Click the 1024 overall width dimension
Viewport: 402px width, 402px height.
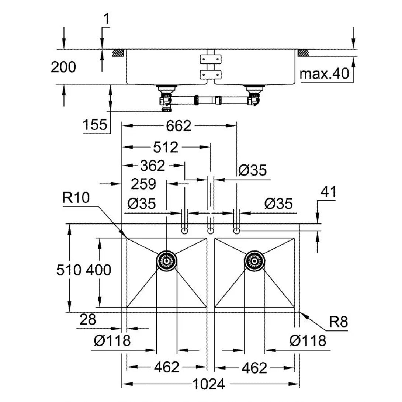pyautogui.click(x=208, y=384)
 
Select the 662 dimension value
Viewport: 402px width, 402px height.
pyautogui.click(x=179, y=126)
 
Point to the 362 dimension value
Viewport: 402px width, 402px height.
pyautogui.click(x=152, y=166)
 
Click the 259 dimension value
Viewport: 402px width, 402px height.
pyautogui.click(x=143, y=184)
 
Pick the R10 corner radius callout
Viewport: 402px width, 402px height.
pyautogui.click(x=76, y=198)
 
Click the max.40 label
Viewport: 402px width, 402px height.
pyautogui.click(x=324, y=74)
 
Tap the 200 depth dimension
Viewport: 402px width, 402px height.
pyautogui.click(x=63, y=67)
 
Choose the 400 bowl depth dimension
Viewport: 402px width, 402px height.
pyautogui.click(x=98, y=270)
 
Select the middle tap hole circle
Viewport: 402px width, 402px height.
pyautogui.click(x=211, y=231)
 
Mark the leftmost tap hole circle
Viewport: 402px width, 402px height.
pyautogui.click(x=184, y=231)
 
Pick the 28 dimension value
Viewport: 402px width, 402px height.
pyautogui.click(x=87, y=319)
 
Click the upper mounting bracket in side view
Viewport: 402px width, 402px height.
pyautogui.click(x=211, y=59)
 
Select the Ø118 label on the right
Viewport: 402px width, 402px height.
pyautogui.click(x=308, y=341)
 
